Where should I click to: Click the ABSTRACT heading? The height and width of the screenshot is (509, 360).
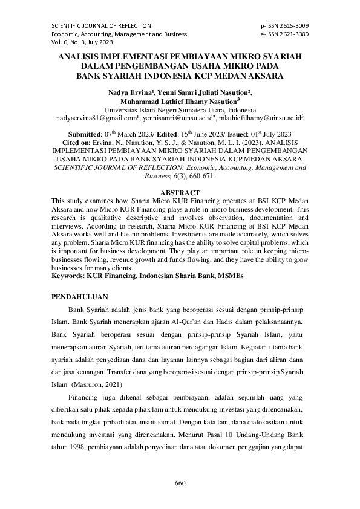[180, 192]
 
